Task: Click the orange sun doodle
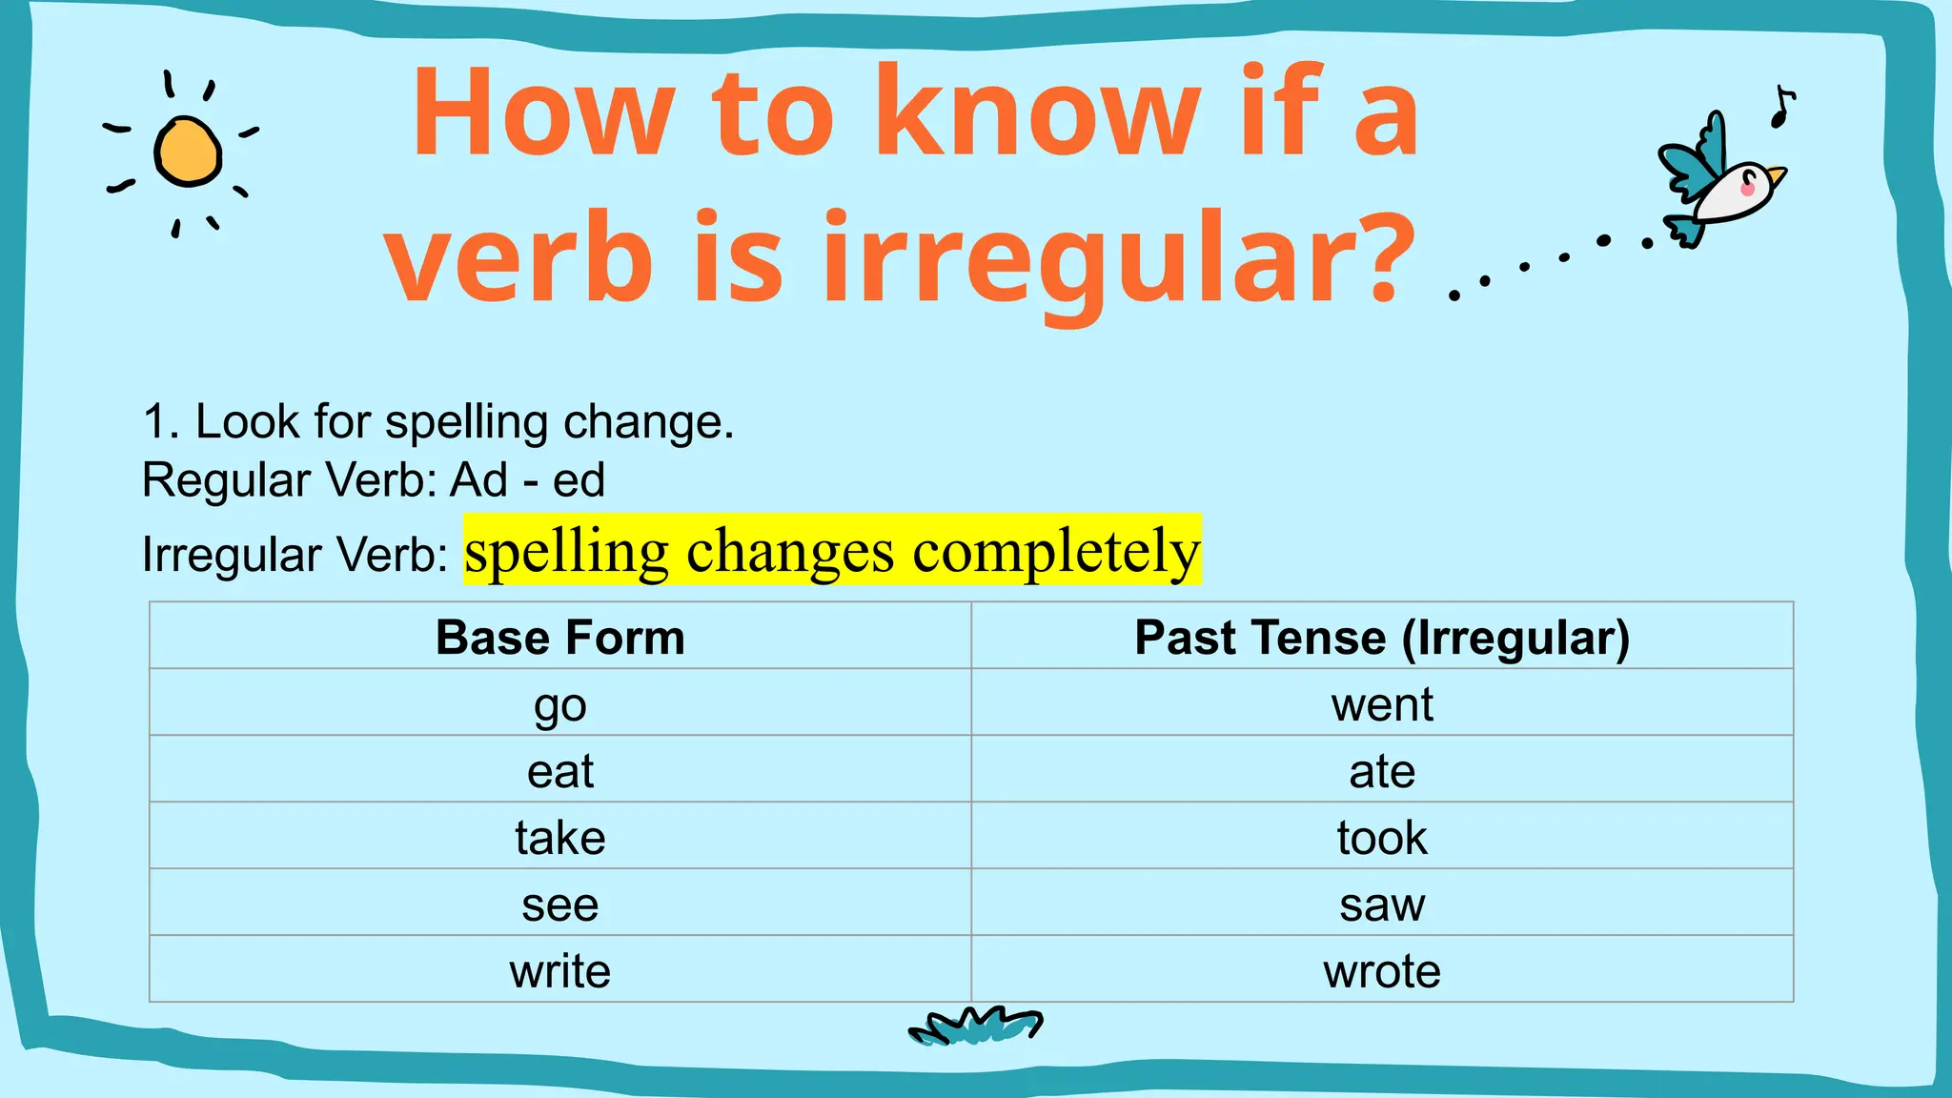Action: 188,152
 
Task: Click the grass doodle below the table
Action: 975,1026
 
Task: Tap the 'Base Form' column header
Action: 560,637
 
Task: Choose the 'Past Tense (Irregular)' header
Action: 1382,637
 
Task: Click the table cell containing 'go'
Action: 560,704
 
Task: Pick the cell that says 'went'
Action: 1382,704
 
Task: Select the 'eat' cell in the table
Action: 560,771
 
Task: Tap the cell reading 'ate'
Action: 1382,771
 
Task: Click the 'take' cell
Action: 560,838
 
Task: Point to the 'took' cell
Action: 1382,838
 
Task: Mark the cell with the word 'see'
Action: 560,905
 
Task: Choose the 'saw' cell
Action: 1382,905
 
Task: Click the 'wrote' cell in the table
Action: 1382,971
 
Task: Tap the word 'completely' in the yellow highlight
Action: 1056,551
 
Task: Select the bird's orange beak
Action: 1776,175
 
